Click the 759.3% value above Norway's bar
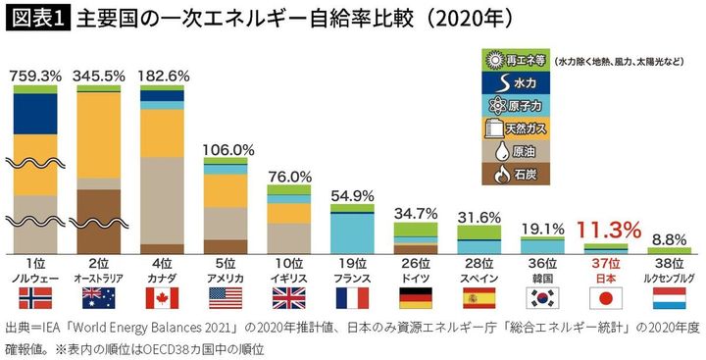pos(35,75)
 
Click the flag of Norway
pos(35,297)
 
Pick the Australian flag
pos(99,297)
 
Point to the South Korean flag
pos(544,297)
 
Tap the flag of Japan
pos(608,297)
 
